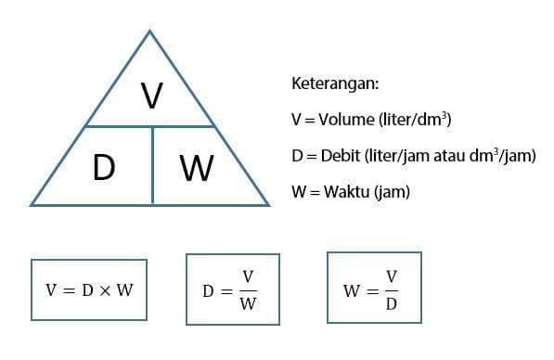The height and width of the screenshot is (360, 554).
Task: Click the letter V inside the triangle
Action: point(151,96)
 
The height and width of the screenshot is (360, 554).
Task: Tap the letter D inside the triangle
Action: point(103,168)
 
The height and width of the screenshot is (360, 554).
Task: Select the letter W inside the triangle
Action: point(197,169)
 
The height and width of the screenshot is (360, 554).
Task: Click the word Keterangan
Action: point(335,84)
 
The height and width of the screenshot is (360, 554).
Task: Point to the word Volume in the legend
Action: point(343,120)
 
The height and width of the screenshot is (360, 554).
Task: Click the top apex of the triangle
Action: point(150,31)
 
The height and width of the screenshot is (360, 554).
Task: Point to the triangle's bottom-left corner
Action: point(31,204)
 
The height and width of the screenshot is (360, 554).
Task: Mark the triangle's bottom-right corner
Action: point(269,204)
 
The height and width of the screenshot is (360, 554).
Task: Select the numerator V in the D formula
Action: point(248,276)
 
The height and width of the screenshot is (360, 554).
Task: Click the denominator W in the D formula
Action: point(248,304)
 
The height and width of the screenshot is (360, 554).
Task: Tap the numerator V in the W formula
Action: point(391,276)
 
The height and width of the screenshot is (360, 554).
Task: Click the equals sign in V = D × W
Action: point(66,289)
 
